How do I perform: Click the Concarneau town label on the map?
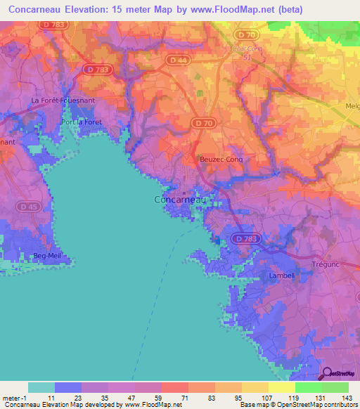(x=180, y=200)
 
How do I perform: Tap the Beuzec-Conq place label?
(x=221, y=159)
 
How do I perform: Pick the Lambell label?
(x=281, y=276)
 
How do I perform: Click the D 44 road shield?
(x=178, y=61)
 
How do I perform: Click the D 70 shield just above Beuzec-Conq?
(x=202, y=124)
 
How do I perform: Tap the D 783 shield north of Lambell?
(x=247, y=239)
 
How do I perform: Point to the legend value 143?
(x=347, y=398)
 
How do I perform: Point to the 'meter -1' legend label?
(x=14, y=398)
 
